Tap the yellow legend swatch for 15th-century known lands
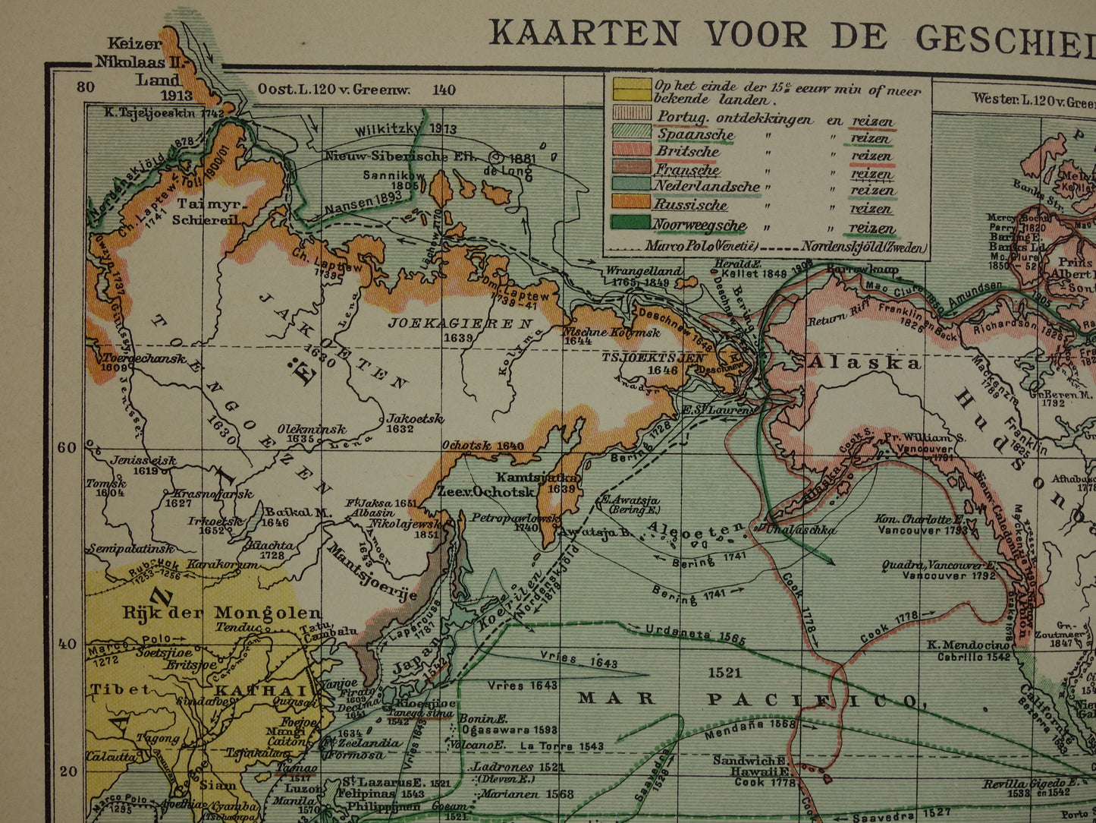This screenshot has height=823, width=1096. (632, 90)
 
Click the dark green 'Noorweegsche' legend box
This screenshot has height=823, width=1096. (632, 223)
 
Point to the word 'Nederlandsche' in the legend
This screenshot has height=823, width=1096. (707, 186)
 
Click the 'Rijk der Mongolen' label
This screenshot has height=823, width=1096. (222, 613)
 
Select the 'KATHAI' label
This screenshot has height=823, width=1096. (262, 690)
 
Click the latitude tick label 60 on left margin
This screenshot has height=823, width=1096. (68, 447)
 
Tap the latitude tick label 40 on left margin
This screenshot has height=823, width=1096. (68, 644)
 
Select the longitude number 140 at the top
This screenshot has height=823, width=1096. (444, 90)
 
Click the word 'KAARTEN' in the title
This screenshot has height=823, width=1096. (584, 33)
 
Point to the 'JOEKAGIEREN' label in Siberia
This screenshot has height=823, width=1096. (460, 323)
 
